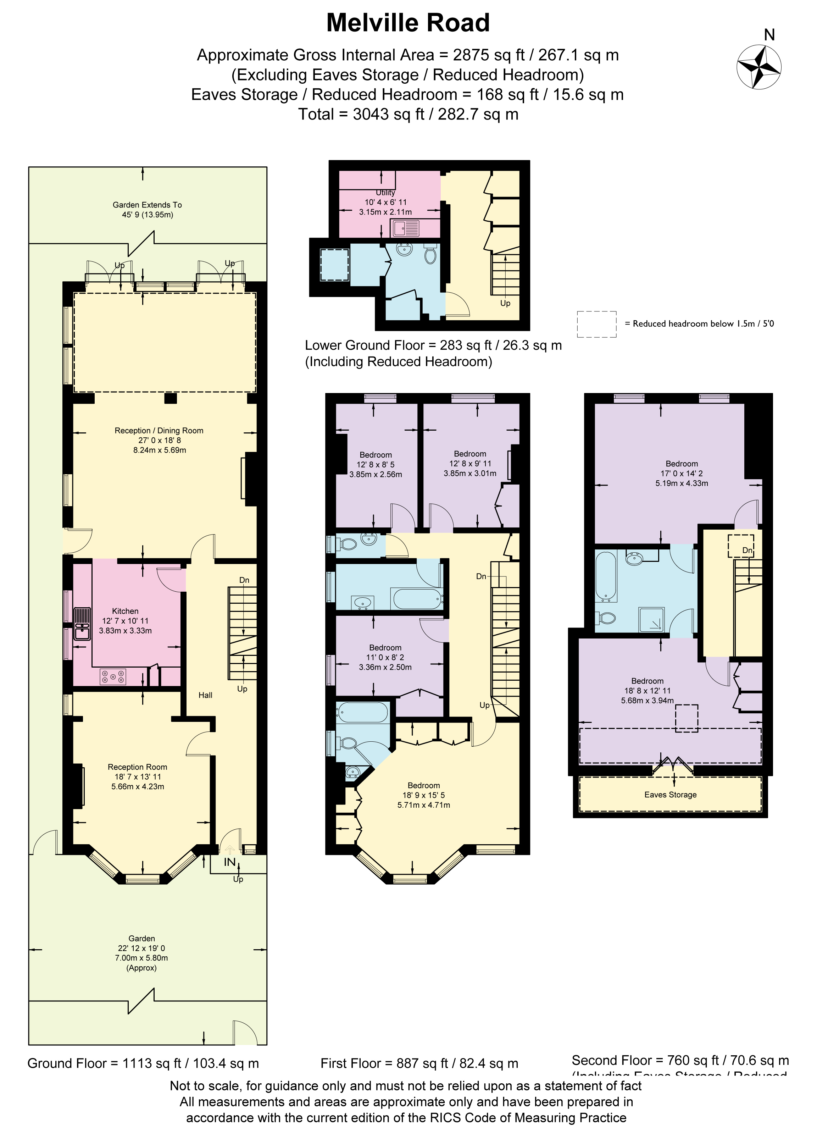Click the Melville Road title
pyautogui.click(x=408, y=23)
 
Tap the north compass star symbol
pyautogui.click(x=759, y=67)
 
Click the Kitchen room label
pyautogui.click(x=125, y=611)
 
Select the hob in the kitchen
pyautogui.click(x=113, y=676)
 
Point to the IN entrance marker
pyautogui.click(x=229, y=862)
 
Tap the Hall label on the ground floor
pyautogui.click(x=205, y=695)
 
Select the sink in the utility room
pyautogui.click(x=406, y=228)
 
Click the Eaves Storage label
pyautogui.click(x=670, y=795)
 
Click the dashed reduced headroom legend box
pyautogui.click(x=596, y=324)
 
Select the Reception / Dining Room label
pyautogui.click(x=159, y=430)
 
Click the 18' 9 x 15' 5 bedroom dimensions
pyautogui.click(x=423, y=795)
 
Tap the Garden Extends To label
pyautogui.click(x=147, y=205)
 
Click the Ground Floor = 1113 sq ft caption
pyautogui.click(x=143, y=1063)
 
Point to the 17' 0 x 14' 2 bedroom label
pyautogui.click(x=682, y=473)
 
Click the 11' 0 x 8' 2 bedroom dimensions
pyautogui.click(x=385, y=657)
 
